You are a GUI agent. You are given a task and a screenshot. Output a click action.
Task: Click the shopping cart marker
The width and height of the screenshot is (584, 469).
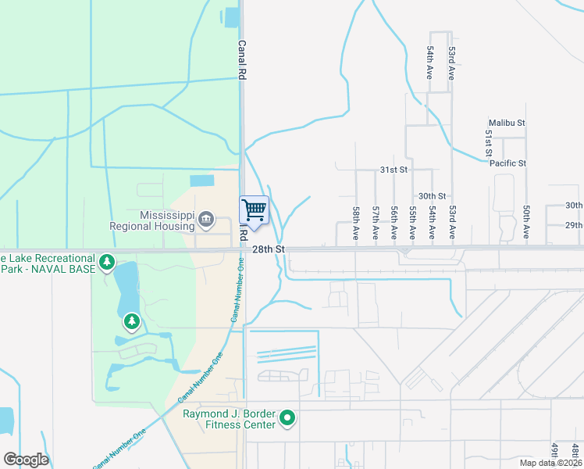254,210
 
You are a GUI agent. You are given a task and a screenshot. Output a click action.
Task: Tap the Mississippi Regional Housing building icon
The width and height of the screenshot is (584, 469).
206,218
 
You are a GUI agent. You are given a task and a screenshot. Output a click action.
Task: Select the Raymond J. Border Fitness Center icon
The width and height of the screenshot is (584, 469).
287,419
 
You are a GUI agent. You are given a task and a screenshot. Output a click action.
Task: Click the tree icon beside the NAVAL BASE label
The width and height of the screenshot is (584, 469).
107,260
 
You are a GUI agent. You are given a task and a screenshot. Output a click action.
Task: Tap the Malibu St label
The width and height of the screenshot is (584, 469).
507,124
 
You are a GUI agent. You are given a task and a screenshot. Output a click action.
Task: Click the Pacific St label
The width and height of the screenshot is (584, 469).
508,163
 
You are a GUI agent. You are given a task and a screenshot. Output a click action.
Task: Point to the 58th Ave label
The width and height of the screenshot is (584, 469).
356,223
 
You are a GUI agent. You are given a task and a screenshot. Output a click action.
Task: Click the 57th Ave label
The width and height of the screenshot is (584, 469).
376,223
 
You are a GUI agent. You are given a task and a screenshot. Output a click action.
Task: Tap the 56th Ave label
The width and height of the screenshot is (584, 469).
394,223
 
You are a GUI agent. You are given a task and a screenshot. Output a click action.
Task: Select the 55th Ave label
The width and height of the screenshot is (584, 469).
413,223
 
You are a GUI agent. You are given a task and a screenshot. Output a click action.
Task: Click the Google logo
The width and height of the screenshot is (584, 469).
26,460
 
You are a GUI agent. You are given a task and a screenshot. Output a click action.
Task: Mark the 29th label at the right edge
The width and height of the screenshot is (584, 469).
574,225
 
